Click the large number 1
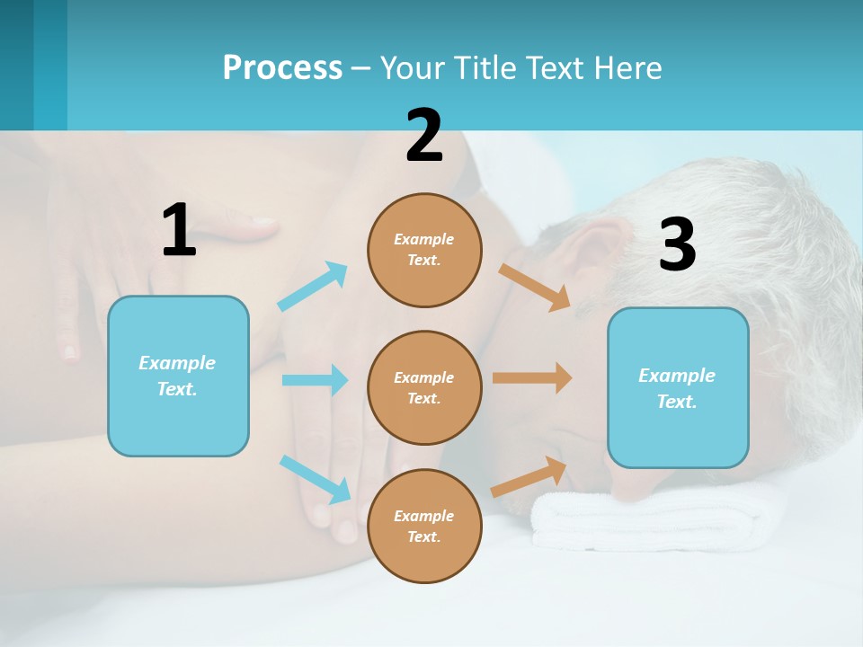click(179, 230)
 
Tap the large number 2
click(424, 136)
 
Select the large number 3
click(677, 244)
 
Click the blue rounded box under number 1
click(178, 376)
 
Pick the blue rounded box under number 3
click(678, 387)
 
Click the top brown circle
click(424, 250)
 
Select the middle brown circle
click(424, 387)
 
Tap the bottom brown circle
click(424, 526)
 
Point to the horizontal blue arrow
click(315, 380)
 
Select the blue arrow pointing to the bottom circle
click(316, 479)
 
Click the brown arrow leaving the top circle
click(535, 287)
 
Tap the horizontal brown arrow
click(532, 378)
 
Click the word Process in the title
click(282, 67)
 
